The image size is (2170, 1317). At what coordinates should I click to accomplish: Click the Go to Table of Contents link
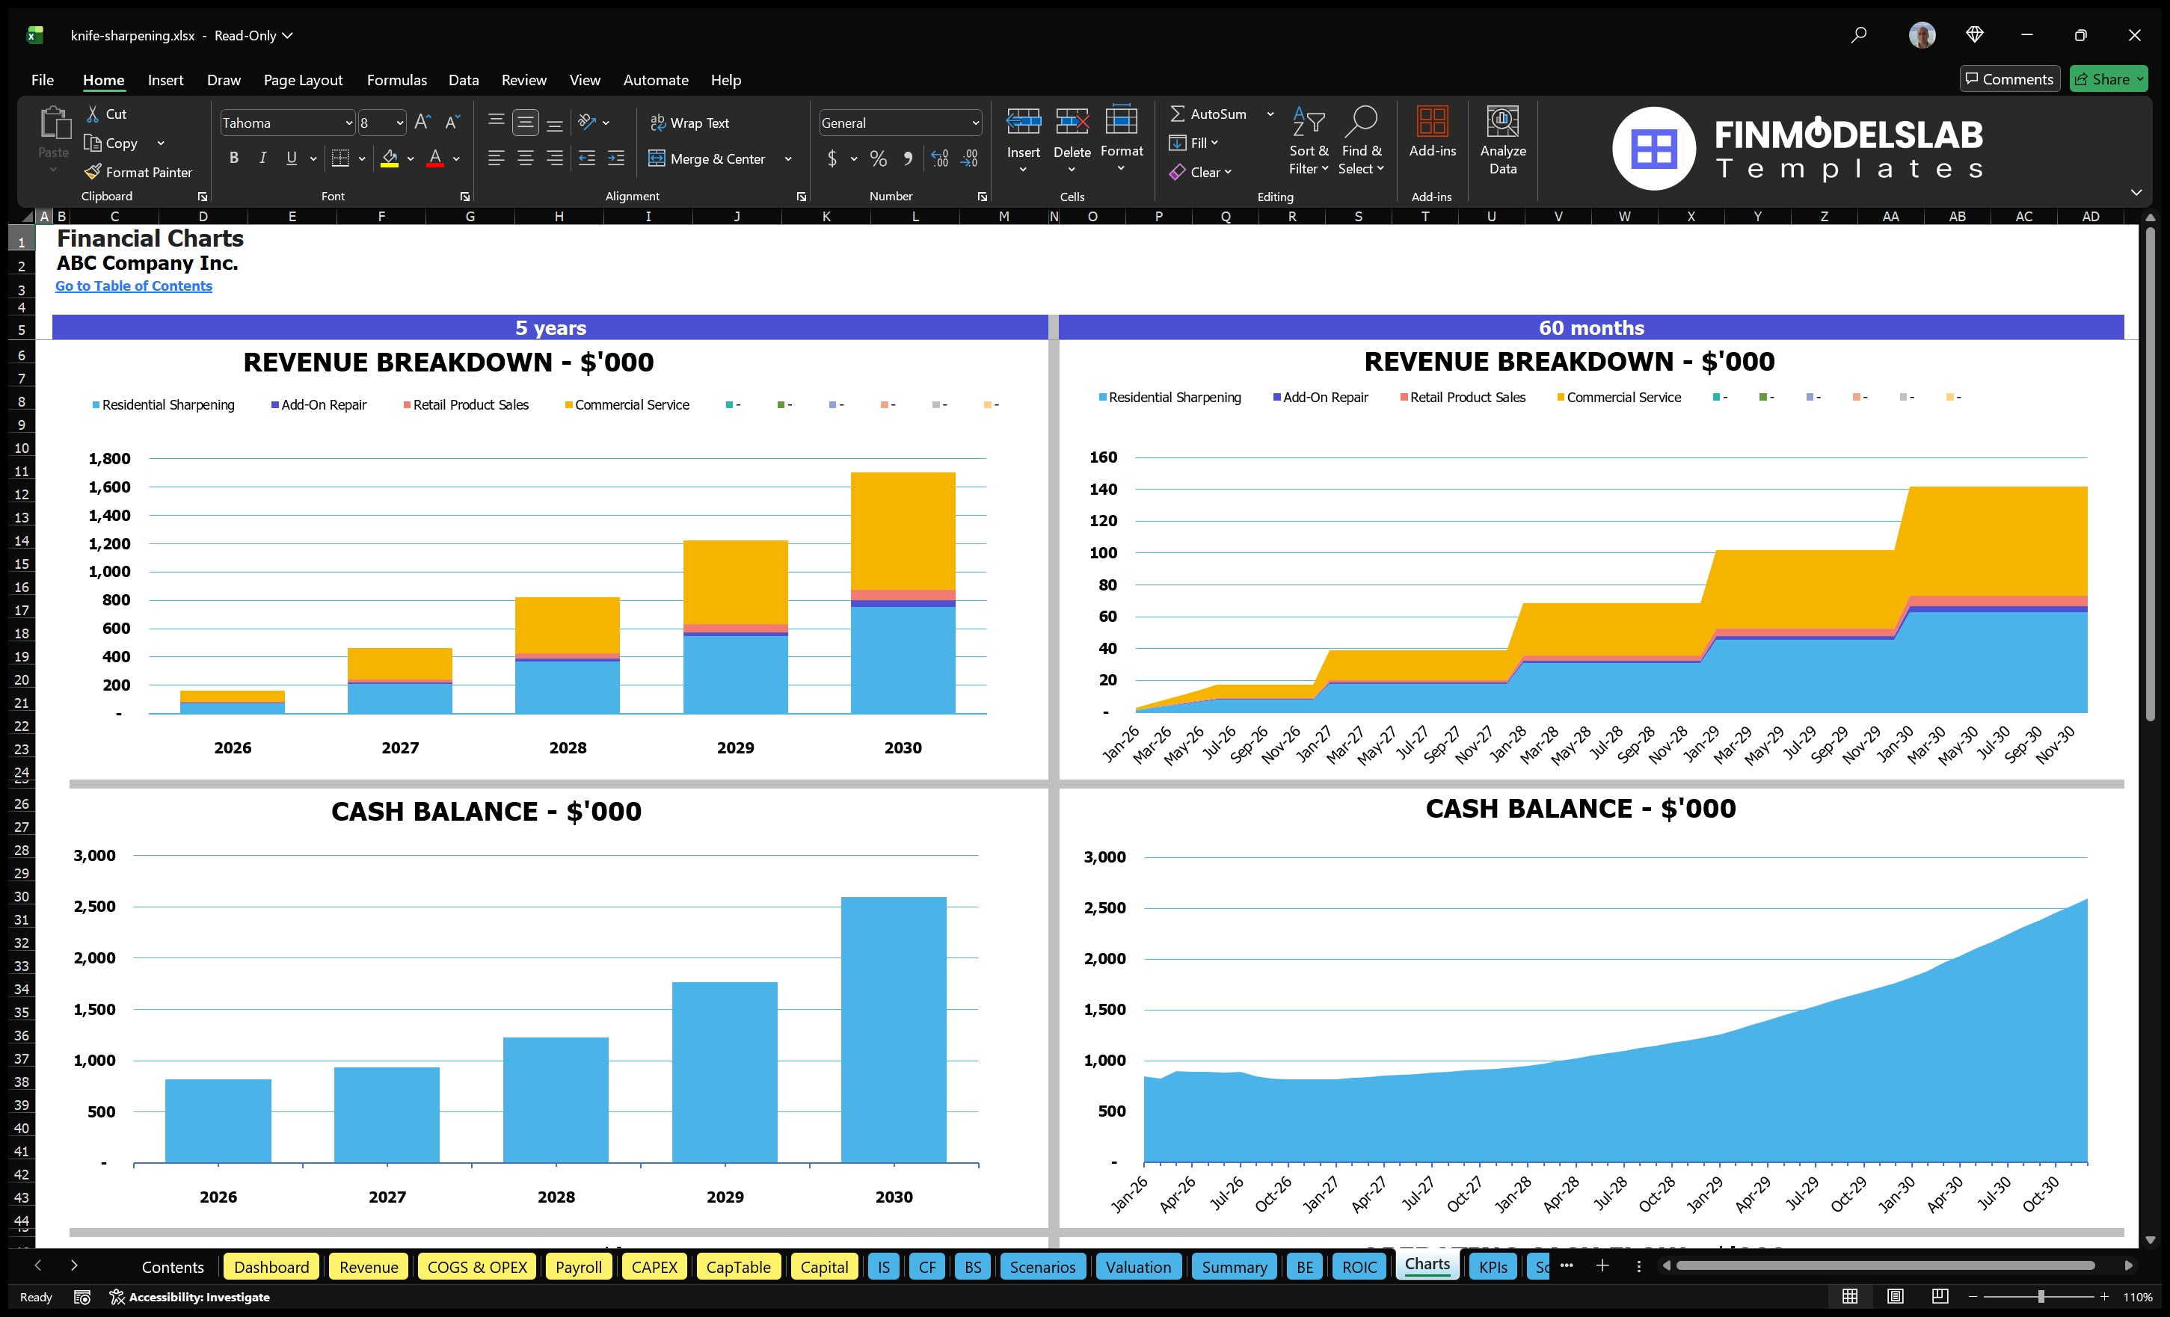coord(133,286)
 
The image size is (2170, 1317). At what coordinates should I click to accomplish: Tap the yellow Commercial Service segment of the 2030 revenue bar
coord(903,530)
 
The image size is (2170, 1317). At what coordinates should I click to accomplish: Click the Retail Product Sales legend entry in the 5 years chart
coord(470,405)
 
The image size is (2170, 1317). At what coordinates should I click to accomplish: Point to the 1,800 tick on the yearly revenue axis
coord(109,459)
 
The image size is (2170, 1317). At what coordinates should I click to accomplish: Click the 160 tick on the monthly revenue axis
coord(1103,457)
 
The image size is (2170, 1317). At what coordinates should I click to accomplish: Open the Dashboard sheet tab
coord(271,1267)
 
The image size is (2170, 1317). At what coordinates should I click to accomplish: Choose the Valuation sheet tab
coord(1138,1267)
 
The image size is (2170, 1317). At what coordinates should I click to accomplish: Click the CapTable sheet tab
coord(738,1267)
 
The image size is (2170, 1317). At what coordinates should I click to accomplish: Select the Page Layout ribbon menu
coord(303,80)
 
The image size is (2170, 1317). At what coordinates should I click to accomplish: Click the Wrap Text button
coord(690,123)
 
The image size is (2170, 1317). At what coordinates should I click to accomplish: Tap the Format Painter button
coord(139,173)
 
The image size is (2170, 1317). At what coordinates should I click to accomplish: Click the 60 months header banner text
coord(1590,327)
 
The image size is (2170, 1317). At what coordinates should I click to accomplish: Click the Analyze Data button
coord(1502,141)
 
